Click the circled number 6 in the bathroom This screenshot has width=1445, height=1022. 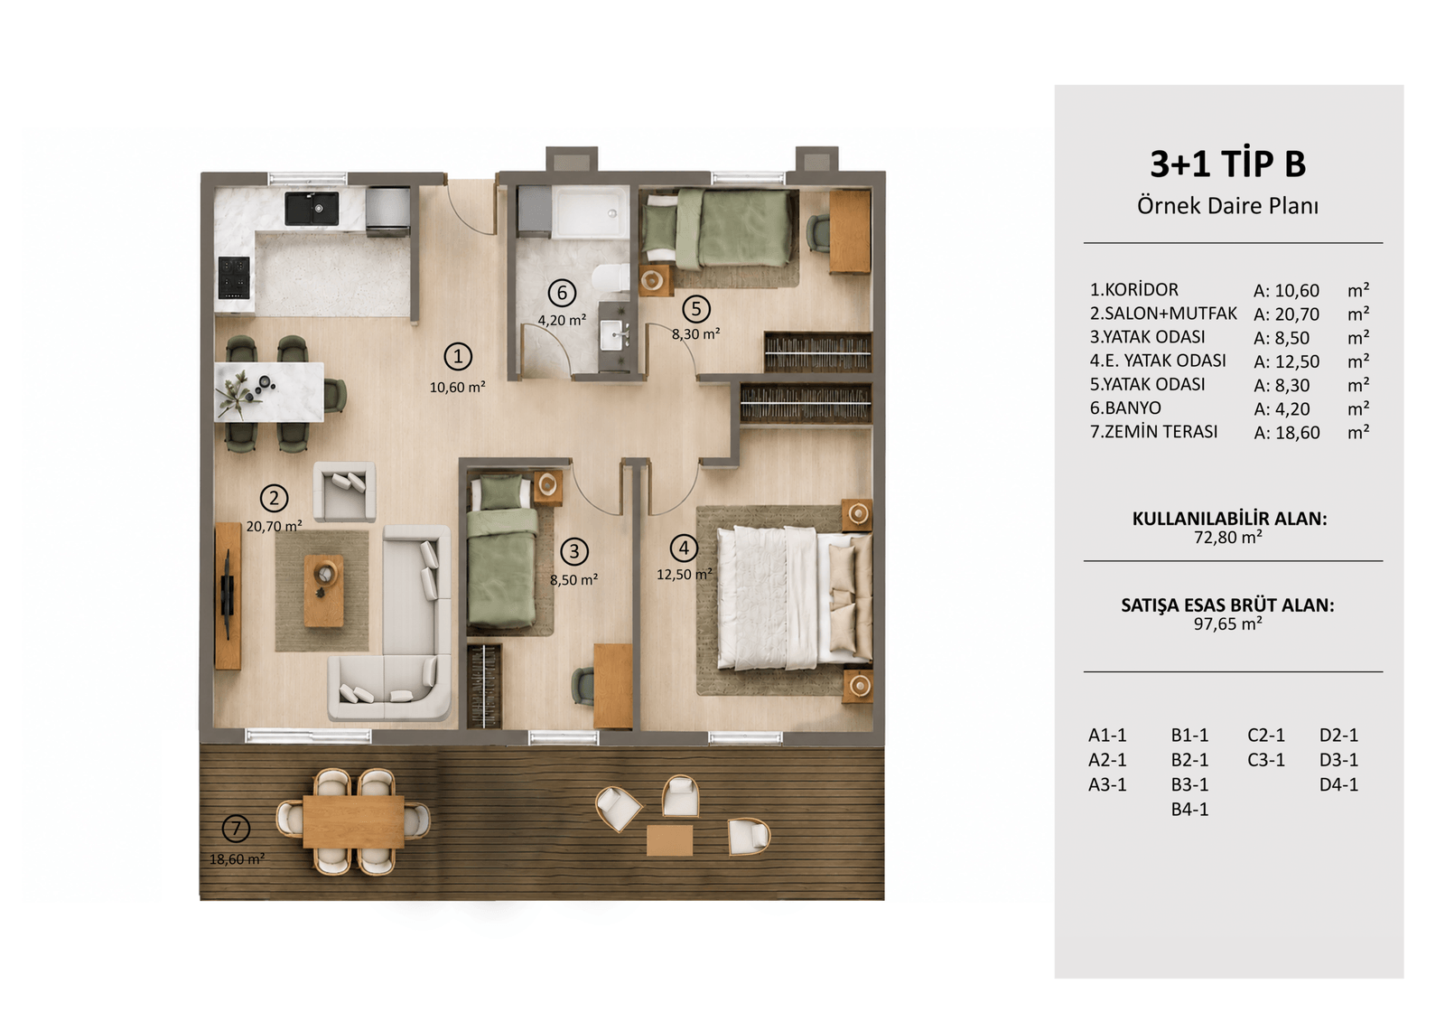point(562,293)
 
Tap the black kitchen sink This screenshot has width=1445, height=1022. point(312,208)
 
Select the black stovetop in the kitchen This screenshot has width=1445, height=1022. point(234,277)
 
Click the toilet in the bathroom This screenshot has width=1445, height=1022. point(610,278)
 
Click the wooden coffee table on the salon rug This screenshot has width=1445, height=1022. point(324,590)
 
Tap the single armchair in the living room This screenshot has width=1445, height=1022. point(344,492)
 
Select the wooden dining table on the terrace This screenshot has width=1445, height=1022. point(353,821)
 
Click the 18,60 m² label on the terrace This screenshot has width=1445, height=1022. point(237,859)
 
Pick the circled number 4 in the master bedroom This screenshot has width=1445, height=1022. point(684,549)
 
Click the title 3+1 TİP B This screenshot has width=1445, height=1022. point(1227,164)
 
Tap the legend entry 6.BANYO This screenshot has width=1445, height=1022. point(1125,408)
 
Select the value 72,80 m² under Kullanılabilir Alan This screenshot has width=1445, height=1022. point(1227,537)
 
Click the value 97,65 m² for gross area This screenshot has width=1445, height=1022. point(1227,624)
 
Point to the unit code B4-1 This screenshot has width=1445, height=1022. point(1189,809)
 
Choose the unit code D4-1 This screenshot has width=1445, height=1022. point(1338,784)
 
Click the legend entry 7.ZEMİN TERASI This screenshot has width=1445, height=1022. point(1153,431)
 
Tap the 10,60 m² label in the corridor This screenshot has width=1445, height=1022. point(457,388)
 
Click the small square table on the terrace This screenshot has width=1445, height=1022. point(669,840)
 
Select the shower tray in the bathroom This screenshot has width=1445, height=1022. point(591,211)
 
